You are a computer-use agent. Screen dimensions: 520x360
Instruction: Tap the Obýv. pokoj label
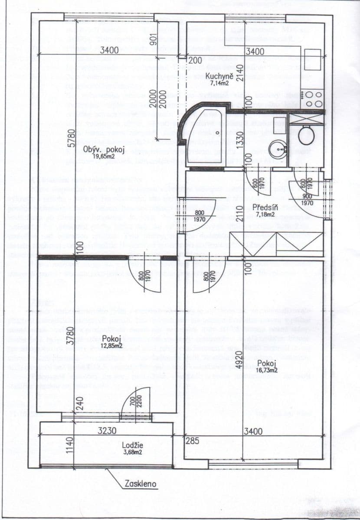[105, 150]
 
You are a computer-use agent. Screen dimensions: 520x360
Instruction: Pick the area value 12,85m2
[111, 345]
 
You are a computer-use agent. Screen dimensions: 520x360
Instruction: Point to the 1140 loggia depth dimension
[33, 445]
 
